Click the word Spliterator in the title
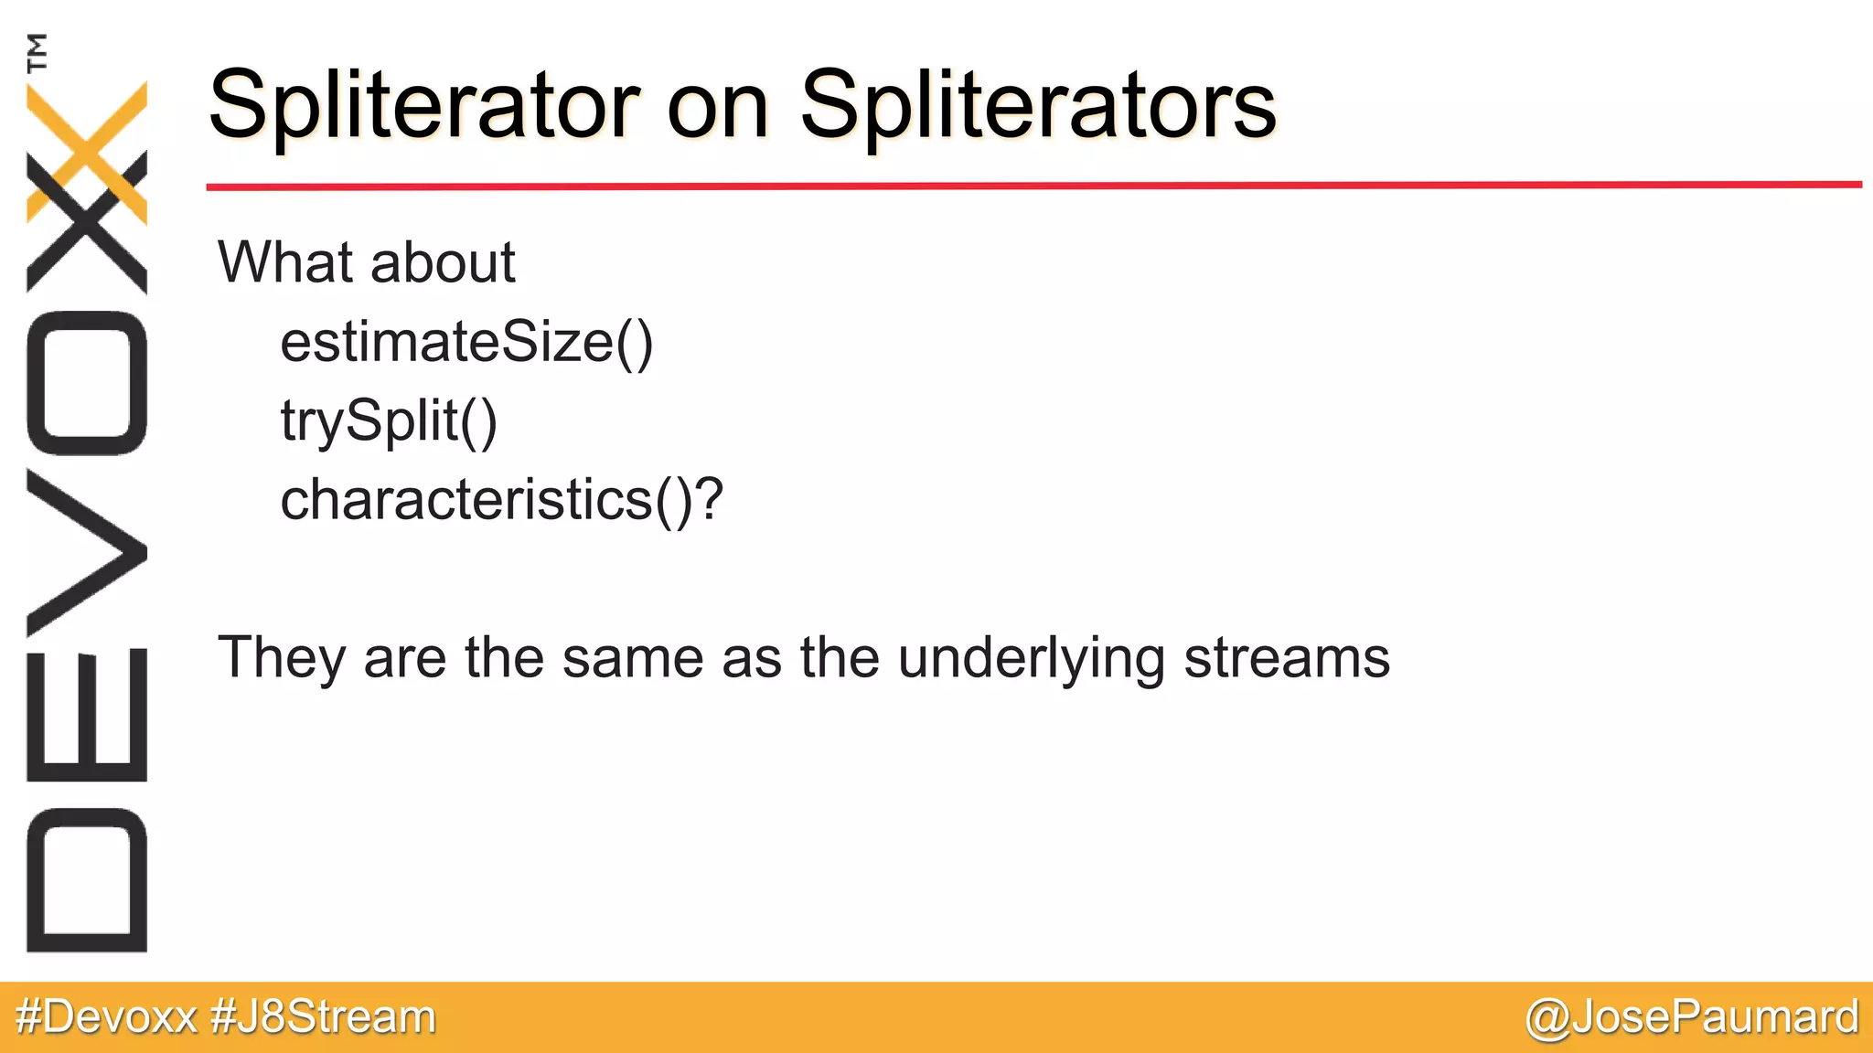(x=424, y=106)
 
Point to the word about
(x=443, y=263)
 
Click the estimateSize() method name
(x=466, y=343)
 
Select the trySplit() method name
(x=389, y=421)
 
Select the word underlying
(x=1032, y=658)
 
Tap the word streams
(x=1286, y=658)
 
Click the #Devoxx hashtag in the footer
(x=106, y=1016)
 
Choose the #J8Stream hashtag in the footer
(x=323, y=1016)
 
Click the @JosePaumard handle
(x=1692, y=1017)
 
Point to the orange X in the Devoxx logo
(x=87, y=151)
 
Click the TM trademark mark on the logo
(x=37, y=52)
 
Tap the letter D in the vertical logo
(x=87, y=879)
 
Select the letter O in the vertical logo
(x=87, y=384)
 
